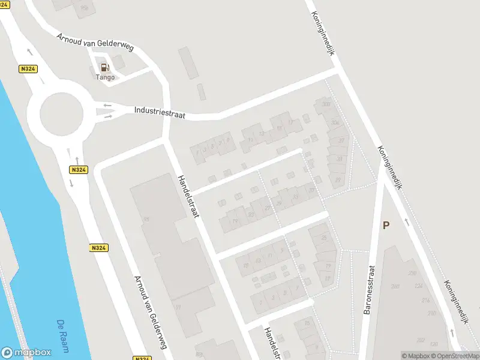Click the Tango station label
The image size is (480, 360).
pyautogui.click(x=105, y=77)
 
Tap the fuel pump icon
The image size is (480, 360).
pyautogui.click(x=105, y=68)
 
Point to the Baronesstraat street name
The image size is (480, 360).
pyautogui.click(x=370, y=290)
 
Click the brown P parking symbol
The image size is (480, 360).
pyautogui.click(x=386, y=225)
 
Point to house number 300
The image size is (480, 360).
pyautogui.click(x=326, y=104)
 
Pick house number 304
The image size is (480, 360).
pyautogui.click(x=335, y=123)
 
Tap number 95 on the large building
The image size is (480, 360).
pyautogui.click(x=146, y=218)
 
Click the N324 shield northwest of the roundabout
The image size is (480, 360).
pyautogui.click(x=28, y=69)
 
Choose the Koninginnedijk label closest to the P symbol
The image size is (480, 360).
pyautogui.click(x=390, y=167)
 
